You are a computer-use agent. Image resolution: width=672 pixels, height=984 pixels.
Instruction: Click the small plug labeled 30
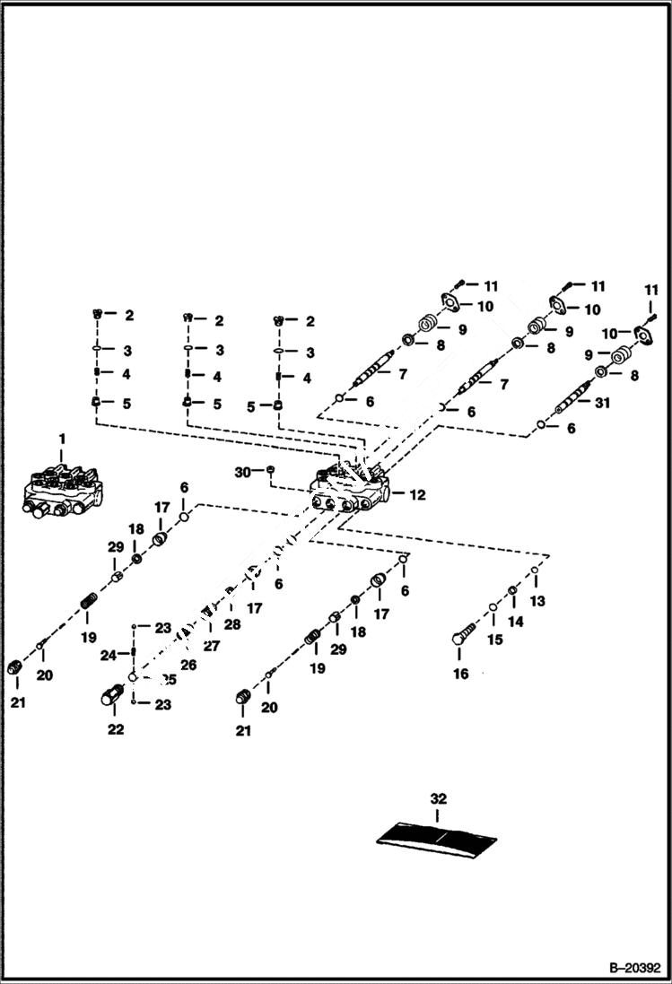click(x=271, y=471)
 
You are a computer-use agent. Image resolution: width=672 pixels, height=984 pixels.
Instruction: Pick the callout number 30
click(x=241, y=471)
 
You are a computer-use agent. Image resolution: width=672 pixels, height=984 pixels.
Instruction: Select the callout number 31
click(x=601, y=403)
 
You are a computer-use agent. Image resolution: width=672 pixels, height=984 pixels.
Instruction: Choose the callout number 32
click(x=437, y=798)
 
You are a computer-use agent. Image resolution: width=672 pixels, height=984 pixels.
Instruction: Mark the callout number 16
click(x=460, y=674)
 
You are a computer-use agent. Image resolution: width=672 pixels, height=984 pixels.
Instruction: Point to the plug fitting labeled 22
click(x=115, y=696)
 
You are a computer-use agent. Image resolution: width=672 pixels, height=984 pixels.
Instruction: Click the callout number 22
click(x=116, y=729)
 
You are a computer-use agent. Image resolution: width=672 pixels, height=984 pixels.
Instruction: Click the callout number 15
click(x=496, y=640)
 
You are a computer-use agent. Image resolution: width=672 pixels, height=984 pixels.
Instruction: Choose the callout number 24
click(x=108, y=656)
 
